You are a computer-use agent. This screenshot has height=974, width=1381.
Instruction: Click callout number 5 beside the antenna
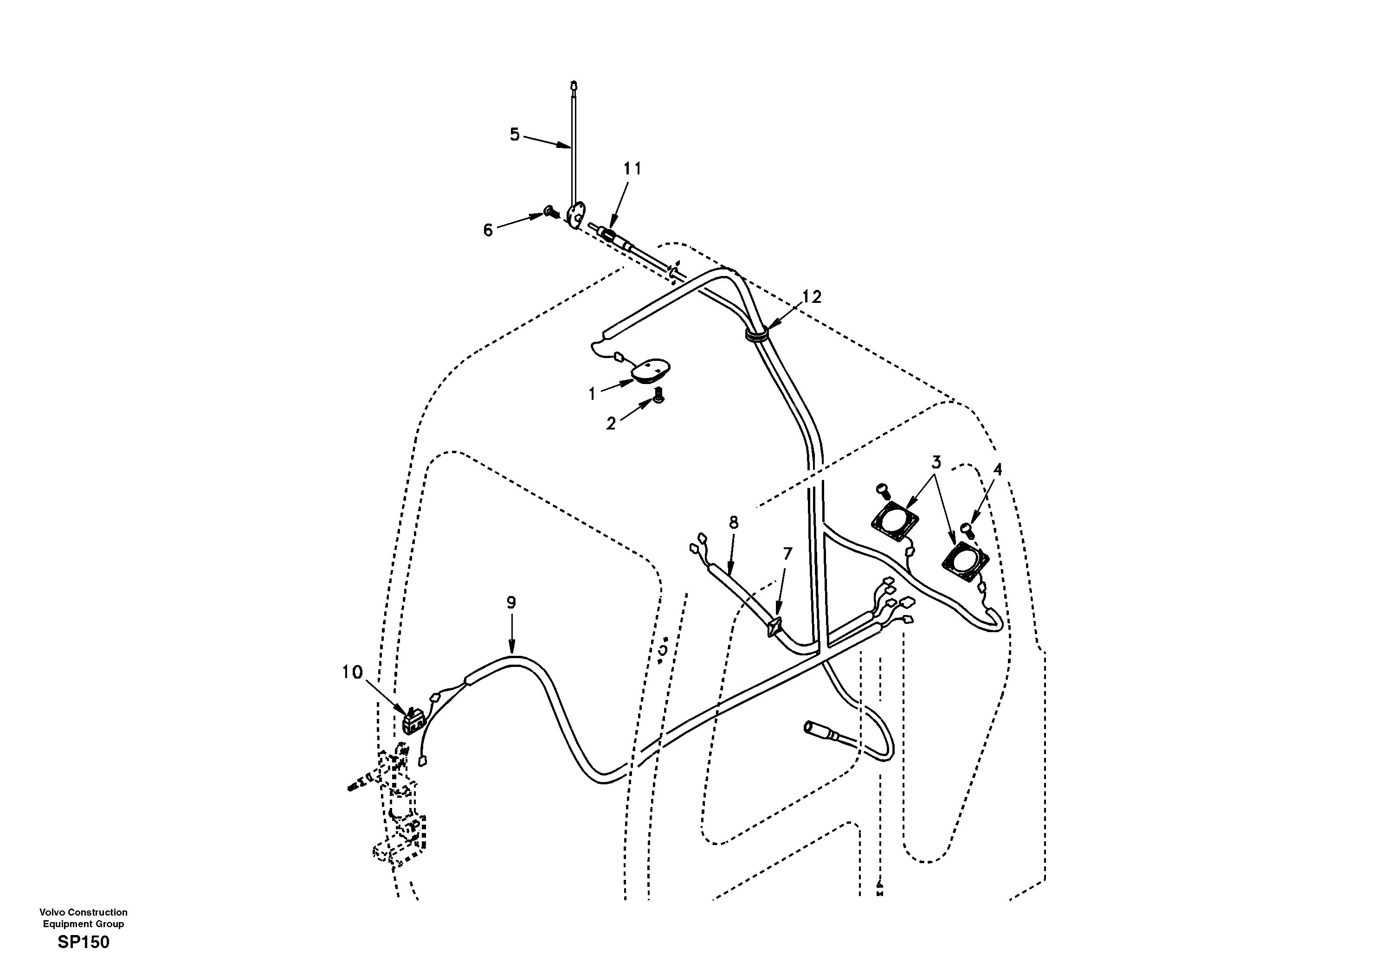click(x=514, y=134)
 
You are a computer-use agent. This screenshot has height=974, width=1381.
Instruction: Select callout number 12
click(x=812, y=297)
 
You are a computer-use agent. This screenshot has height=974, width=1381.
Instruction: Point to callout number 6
click(x=488, y=230)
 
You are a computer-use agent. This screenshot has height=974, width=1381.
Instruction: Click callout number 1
click(x=592, y=394)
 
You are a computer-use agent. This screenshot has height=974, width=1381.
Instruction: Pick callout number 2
click(x=611, y=424)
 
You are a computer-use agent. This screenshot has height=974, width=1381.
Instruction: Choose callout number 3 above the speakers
click(x=936, y=462)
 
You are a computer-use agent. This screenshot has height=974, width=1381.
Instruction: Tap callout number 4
click(x=997, y=469)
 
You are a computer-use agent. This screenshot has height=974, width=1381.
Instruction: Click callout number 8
click(x=733, y=522)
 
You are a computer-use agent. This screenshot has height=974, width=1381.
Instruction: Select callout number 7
click(x=787, y=553)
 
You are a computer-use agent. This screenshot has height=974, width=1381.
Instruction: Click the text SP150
click(x=84, y=942)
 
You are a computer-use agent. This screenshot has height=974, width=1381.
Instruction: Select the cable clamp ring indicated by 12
click(x=757, y=334)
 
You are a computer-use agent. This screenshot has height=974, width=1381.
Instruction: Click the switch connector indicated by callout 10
click(x=413, y=722)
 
